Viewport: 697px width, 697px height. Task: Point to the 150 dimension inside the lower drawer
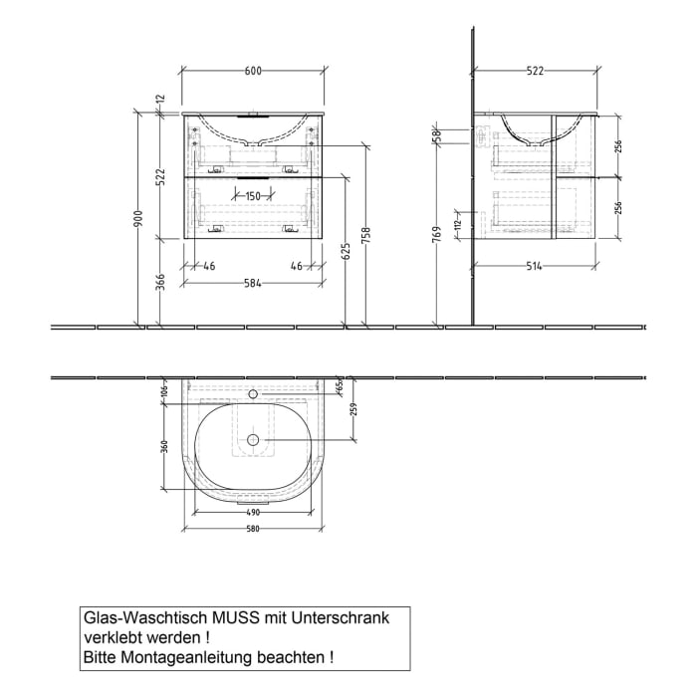252,196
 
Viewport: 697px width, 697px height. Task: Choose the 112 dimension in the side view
457,225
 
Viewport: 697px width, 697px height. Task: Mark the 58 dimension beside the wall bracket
436,136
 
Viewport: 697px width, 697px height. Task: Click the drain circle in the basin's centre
253,439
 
